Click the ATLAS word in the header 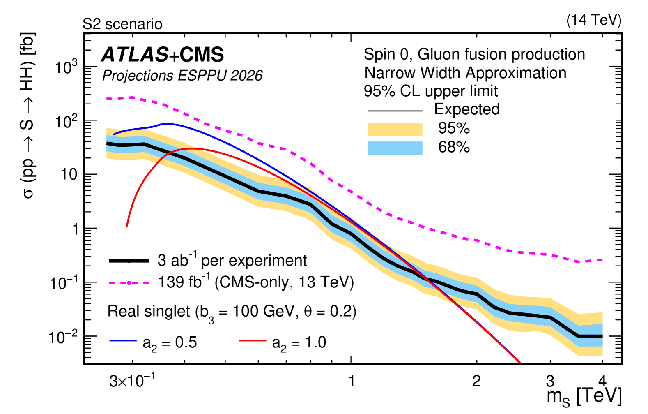click(135, 55)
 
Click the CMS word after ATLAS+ click(202, 55)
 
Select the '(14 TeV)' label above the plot click(594, 20)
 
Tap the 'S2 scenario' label click(122, 24)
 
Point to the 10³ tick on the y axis click(66, 67)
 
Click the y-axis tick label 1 click(76, 229)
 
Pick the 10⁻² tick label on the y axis click(63, 337)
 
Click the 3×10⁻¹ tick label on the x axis click(132, 381)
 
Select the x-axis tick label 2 click(476, 382)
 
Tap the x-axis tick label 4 click(602, 381)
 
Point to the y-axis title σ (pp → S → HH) click(28, 115)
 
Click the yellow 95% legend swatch click(395, 129)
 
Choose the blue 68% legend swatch click(395, 148)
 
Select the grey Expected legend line click(395, 111)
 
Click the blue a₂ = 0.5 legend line click(123, 340)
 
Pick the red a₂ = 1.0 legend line click(253, 340)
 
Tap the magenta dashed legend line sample click(129, 283)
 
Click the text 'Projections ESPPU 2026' click(182, 76)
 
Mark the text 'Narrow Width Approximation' click(465, 73)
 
